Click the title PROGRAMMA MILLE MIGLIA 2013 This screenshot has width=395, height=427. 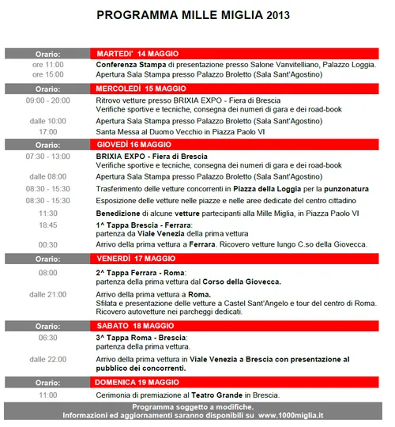[x=193, y=15]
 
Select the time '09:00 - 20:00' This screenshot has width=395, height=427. [x=47, y=100]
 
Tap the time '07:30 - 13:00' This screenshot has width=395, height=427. [x=47, y=156]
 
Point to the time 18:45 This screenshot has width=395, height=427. [x=47, y=225]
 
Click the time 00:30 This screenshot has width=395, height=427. [x=47, y=245]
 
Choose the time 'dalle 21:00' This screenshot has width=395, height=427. [x=48, y=294]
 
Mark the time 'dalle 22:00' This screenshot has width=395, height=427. [x=48, y=358]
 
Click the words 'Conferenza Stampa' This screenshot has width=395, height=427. [x=133, y=64]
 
